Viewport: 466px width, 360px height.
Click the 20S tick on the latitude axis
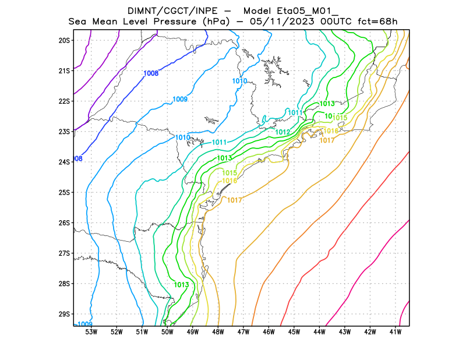coord(64,40)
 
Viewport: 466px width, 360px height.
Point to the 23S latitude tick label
coord(64,131)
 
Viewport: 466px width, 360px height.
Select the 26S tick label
coord(64,223)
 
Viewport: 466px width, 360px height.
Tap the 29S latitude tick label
coord(64,313)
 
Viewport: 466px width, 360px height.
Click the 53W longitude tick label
coord(91,332)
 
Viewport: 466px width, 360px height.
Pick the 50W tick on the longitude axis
coord(167,332)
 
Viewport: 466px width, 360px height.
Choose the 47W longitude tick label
coord(243,332)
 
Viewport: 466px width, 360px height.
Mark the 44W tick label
coord(320,332)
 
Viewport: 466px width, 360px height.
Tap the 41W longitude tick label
coord(396,332)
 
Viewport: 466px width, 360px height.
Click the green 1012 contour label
coord(283,132)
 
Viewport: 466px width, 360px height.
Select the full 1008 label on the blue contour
coord(151,73)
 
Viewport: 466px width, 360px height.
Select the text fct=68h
coord(377,22)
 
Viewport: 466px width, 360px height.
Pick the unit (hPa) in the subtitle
coord(218,22)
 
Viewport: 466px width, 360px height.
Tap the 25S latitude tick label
coord(64,192)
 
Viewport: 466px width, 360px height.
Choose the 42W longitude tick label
coord(370,332)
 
